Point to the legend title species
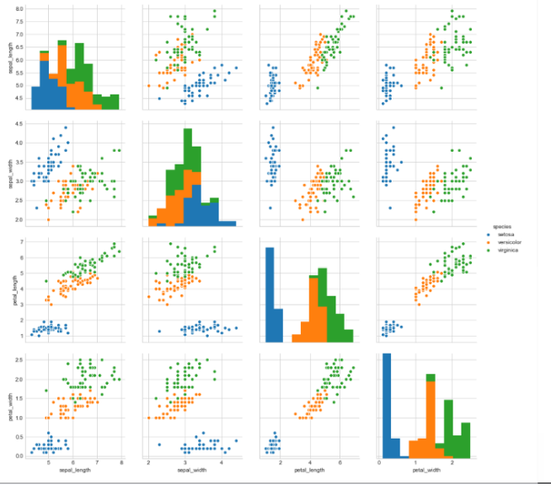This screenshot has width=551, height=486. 504,226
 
